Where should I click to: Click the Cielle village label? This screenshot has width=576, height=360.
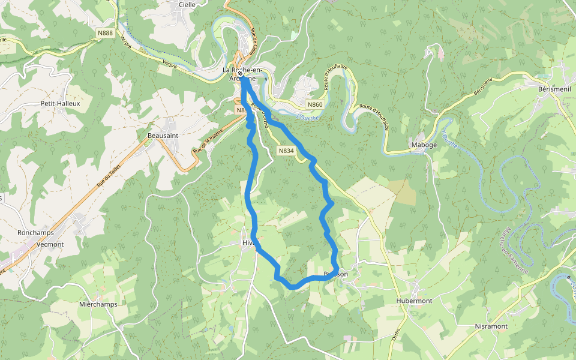[x=187, y=4]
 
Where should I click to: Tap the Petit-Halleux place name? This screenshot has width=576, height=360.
[x=60, y=103]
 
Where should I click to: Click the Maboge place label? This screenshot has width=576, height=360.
[x=424, y=145]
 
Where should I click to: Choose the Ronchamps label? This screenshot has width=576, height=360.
[x=35, y=233]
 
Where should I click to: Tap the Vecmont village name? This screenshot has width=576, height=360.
[x=50, y=244]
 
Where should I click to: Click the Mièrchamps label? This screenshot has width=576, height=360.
[x=98, y=304]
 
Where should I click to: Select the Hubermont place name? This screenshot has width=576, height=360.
[x=414, y=301]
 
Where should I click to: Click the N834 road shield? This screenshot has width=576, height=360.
[x=286, y=151]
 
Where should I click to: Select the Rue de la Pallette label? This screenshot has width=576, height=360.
[x=208, y=140]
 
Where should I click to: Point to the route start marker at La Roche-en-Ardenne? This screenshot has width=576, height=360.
[x=240, y=73]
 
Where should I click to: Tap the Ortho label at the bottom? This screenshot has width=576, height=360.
[x=397, y=333]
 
